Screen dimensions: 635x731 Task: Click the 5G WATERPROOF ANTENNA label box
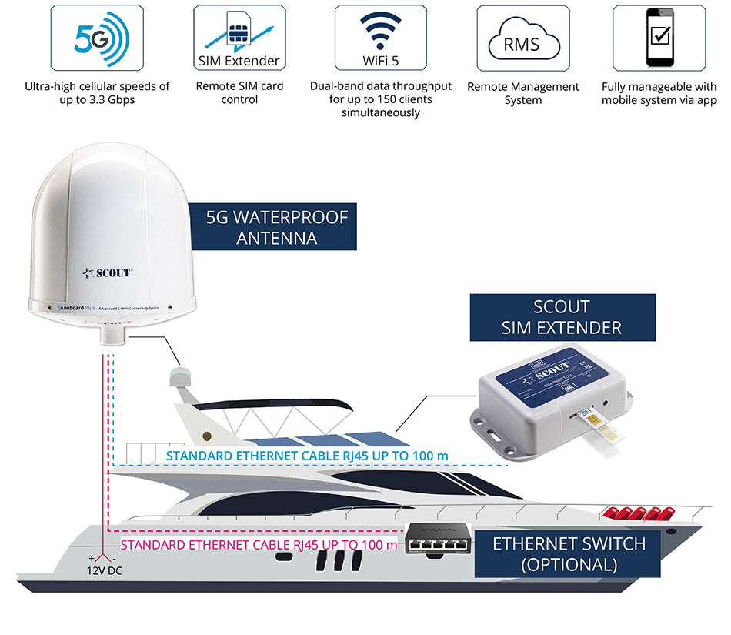(277, 227)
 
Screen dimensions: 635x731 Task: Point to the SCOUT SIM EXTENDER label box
(562, 317)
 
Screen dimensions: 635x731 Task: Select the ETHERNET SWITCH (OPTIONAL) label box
(569, 553)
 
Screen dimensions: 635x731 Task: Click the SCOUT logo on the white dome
(108, 272)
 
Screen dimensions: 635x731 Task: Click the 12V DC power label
(104, 570)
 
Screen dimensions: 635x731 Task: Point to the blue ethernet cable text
(306, 456)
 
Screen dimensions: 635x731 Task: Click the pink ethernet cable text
(259, 545)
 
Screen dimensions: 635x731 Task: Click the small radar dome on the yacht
(180, 378)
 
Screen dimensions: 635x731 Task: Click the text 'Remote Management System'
(522, 93)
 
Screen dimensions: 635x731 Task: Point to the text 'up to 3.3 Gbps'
(97, 100)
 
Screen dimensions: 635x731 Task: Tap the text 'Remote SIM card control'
(239, 92)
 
